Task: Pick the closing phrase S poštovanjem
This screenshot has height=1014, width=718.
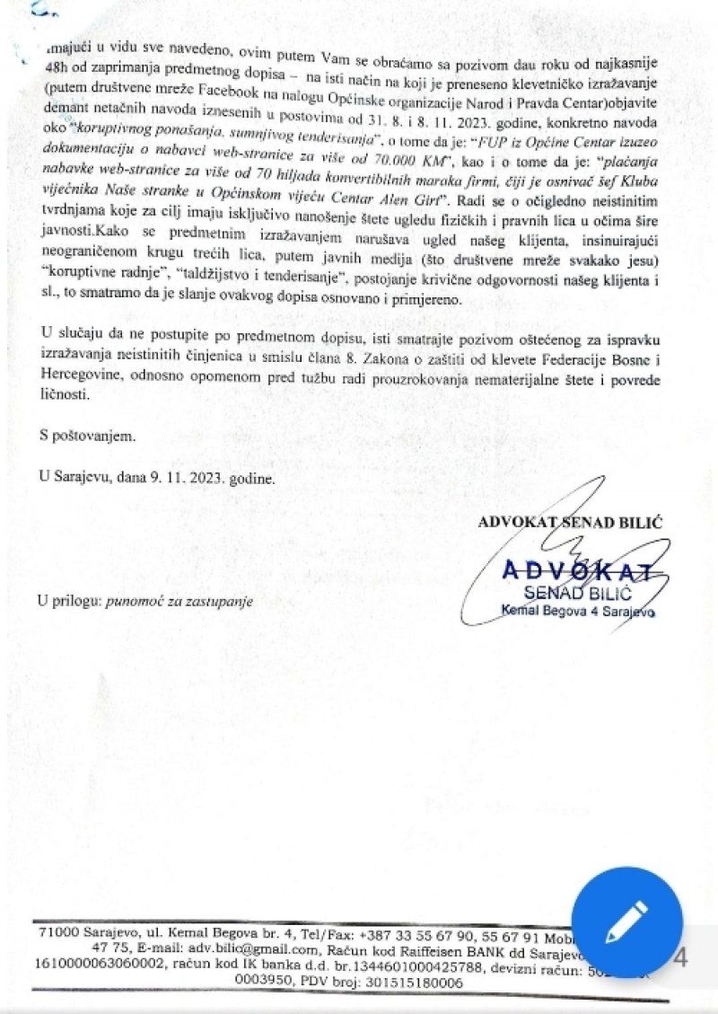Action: tap(86, 436)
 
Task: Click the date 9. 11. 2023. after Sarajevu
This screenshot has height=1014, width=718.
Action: tap(168, 479)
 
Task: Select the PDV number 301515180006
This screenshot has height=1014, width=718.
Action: tap(403, 983)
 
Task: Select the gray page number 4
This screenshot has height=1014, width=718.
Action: tap(679, 958)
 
